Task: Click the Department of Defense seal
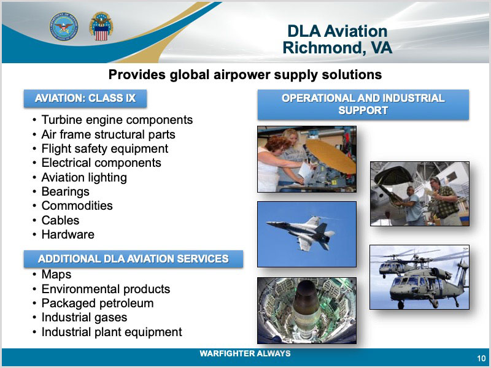click(64, 26)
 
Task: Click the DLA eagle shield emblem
click(101, 26)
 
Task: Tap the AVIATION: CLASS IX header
click(85, 98)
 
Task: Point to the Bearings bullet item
click(65, 191)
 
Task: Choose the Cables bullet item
click(60, 220)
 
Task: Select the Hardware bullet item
click(68, 234)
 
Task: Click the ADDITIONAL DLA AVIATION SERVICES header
click(133, 259)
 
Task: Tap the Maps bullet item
click(56, 274)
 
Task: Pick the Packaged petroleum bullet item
click(98, 303)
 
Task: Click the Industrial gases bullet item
click(84, 317)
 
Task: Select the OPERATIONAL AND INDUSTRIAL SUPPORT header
click(363, 104)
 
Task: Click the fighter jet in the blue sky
click(301, 232)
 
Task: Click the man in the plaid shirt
click(444, 201)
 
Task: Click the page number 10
click(481, 358)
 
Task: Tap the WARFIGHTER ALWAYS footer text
click(245, 354)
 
